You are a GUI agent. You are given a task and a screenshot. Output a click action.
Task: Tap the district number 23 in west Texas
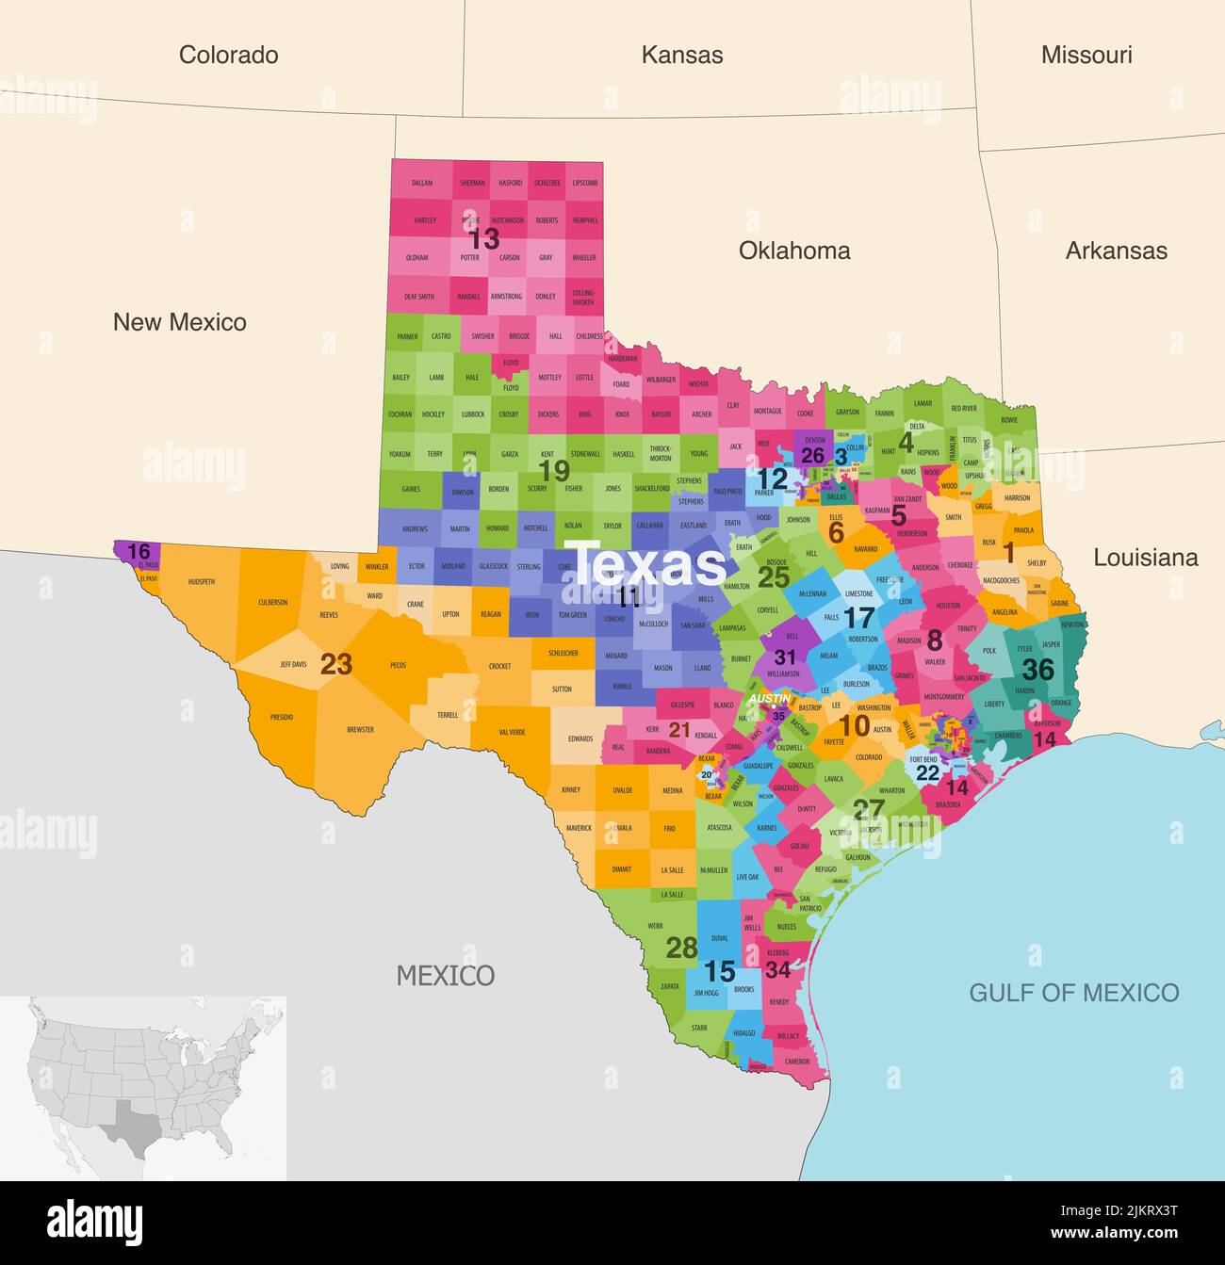coord(335,664)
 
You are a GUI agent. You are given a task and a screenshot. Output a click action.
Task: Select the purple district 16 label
coord(139,551)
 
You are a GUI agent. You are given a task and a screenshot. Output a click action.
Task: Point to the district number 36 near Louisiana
coord(1037,669)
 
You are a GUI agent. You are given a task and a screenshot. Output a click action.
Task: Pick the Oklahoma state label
coord(793,251)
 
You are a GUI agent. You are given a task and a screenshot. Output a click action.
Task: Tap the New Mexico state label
coord(179,322)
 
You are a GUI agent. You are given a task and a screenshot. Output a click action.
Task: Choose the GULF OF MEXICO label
coord(1073,992)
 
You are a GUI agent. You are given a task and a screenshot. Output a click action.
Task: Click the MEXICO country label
coord(445,975)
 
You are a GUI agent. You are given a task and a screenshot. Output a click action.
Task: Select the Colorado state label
coord(228,55)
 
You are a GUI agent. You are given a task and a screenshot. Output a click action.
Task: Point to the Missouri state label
coord(1086,55)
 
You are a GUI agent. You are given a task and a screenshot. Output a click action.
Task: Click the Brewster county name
coord(360,729)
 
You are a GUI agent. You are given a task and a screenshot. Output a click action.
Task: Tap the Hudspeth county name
coord(201,582)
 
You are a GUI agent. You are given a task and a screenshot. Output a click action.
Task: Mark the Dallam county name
coord(421,183)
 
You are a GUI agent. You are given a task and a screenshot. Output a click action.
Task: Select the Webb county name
coord(655,926)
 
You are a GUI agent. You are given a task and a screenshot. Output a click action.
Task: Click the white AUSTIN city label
coord(769,698)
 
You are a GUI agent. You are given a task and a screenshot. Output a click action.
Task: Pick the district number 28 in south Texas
coord(681,948)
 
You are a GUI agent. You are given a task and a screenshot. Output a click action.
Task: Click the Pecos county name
coord(398,665)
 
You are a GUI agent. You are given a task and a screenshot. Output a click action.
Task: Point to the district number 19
coord(554,470)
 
